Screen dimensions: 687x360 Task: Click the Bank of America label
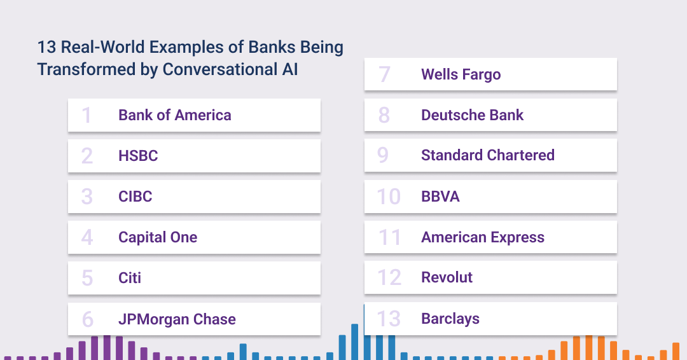tap(175, 115)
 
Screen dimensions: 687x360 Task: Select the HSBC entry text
tap(138, 156)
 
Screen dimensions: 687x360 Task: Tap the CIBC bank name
tap(135, 197)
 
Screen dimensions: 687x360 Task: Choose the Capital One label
tap(158, 237)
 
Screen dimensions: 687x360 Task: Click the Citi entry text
tap(130, 278)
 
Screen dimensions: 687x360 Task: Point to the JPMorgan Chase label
tap(177, 319)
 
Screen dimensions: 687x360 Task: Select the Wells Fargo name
tap(461, 74)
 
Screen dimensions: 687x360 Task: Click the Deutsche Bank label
tap(472, 115)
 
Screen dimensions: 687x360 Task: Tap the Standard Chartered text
tap(488, 155)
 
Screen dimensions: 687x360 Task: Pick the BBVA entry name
tap(440, 197)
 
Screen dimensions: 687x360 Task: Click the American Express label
tap(483, 237)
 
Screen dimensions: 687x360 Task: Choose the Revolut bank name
tap(447, 277)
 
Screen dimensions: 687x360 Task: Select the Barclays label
tap(450, 319)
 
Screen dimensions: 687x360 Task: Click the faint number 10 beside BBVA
tap(389, 197)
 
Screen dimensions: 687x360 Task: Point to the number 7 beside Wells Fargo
tap(384, 74)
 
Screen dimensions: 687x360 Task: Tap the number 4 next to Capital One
tap(87, 237)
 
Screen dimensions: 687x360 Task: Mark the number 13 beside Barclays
tap(389, 319)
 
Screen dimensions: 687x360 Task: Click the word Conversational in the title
tap(220, 69)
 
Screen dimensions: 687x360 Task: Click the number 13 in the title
tap(46, 47)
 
